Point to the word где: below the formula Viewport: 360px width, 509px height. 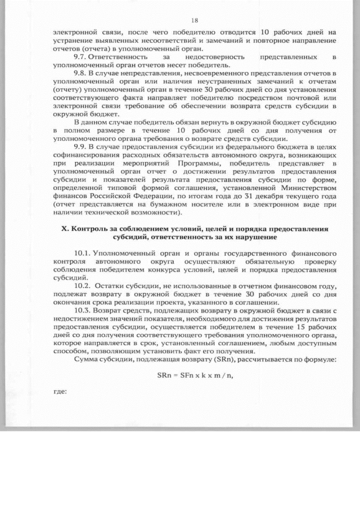tap(59, 393)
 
